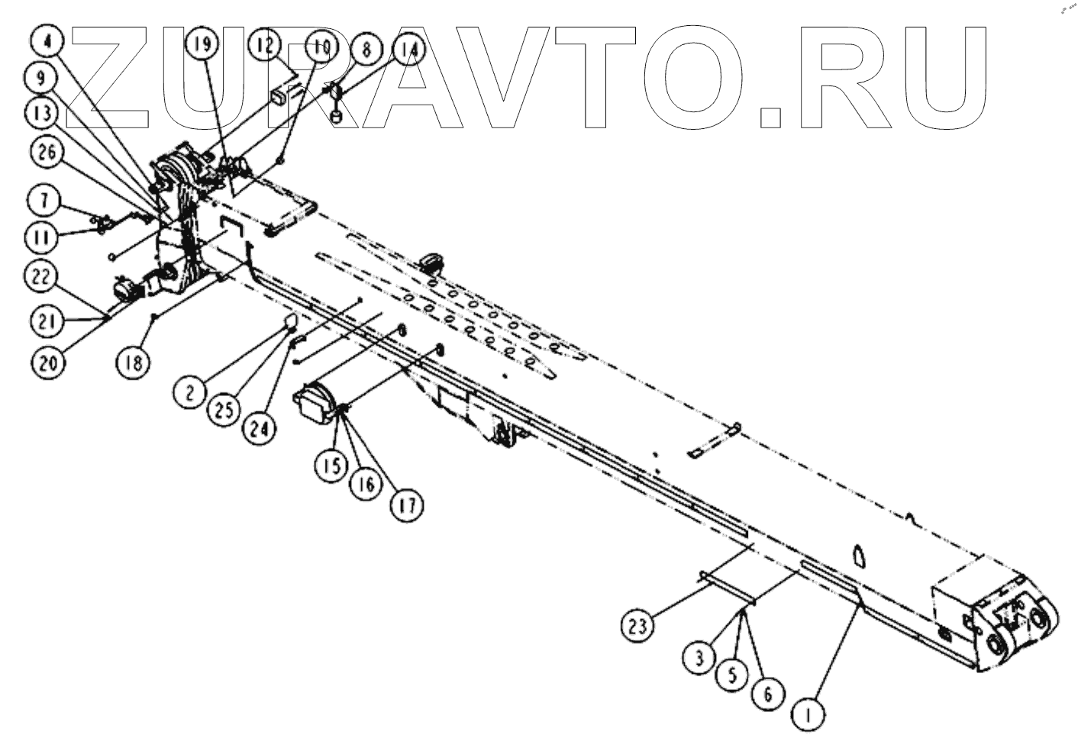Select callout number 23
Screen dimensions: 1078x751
[638, 626]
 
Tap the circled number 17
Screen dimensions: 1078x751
[409, 505]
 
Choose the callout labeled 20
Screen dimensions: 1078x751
[47, 363]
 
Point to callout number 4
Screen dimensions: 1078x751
[48, 41]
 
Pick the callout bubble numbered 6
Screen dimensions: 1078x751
[767, 693]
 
